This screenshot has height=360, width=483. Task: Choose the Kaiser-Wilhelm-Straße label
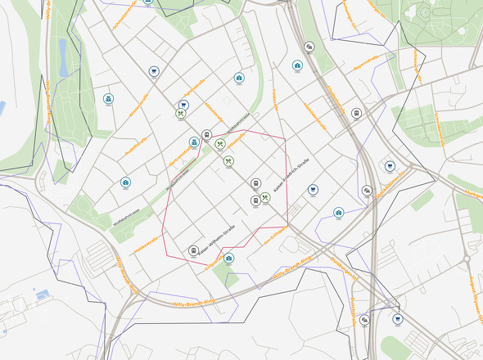(218, 242)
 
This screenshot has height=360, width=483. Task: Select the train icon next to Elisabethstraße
(207, 134)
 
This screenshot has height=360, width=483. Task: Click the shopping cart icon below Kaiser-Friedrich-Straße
(313, 189)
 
